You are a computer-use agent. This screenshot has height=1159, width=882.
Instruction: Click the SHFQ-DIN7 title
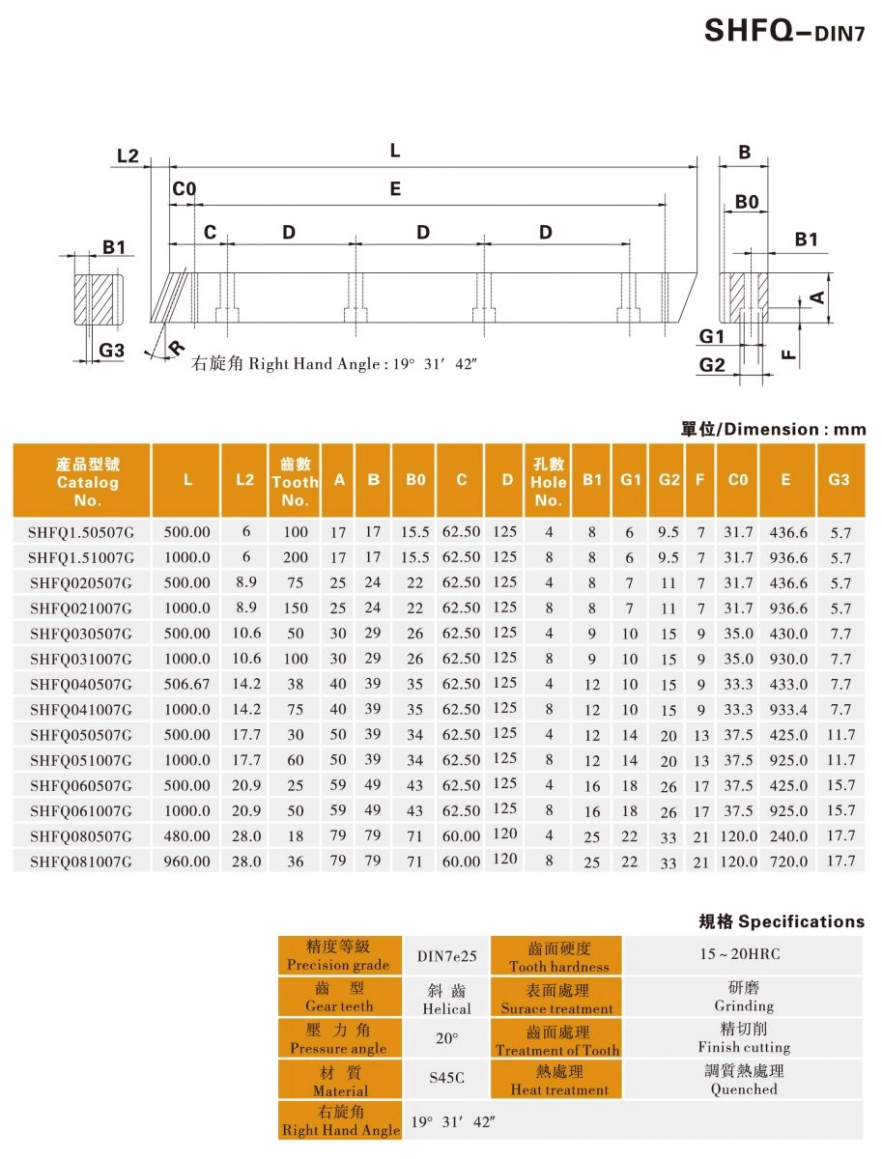[779, 32]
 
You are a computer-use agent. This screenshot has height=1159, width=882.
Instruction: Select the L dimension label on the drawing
[395, 151]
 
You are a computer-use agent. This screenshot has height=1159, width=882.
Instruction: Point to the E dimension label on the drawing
[395, 190]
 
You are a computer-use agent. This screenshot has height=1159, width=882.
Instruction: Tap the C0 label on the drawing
[184, 189]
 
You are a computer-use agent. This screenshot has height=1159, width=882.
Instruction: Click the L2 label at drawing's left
[128, 156]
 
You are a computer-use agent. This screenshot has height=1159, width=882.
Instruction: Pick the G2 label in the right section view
[712, 364]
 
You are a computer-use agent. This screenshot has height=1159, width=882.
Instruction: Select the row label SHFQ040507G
[79, 685]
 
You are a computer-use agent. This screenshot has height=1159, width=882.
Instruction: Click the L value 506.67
[187, 685]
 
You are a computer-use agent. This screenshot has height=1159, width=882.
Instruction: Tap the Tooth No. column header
[295, 481]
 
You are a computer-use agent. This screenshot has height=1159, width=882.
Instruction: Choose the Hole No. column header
[548, 481]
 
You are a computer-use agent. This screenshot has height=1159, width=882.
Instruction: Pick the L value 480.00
[187, 835]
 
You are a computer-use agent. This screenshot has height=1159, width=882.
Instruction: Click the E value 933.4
[788, 710]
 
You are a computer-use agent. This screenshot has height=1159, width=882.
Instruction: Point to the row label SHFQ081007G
[79, 861]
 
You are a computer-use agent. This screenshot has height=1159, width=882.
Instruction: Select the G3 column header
[839, 479]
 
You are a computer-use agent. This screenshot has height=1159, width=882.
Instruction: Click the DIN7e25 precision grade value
[447, 956]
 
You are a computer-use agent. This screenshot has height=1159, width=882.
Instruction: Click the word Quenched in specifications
[744, 1088]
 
